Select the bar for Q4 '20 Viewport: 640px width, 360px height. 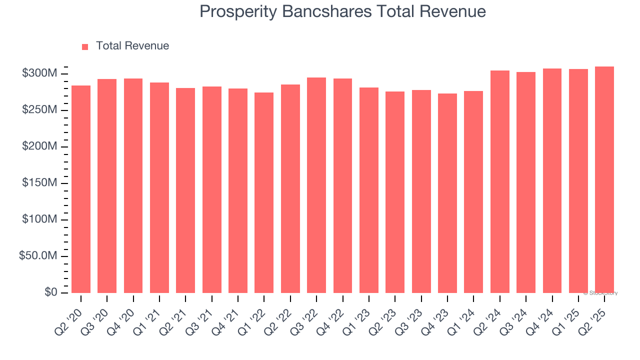pyautogui.click(x=133, y=185)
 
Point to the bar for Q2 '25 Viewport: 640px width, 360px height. pyautogui.click(x=604, y=179)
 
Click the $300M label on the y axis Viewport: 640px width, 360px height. pyautogui.click(x=39, y=74)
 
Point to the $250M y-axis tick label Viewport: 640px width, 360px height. pyautogui.click(x=39, y=110)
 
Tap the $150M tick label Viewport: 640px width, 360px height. pyautogui.click(x=39, y=183)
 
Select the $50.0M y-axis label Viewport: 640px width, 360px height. pyautogui.click(x=37, y=256)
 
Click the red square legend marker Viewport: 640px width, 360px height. pyautogui.click(x=85, y=46)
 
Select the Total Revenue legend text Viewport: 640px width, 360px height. pyautogui.click(x=132, y=46)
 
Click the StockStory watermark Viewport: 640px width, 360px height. pyautogui.click(x=600, y=293)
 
